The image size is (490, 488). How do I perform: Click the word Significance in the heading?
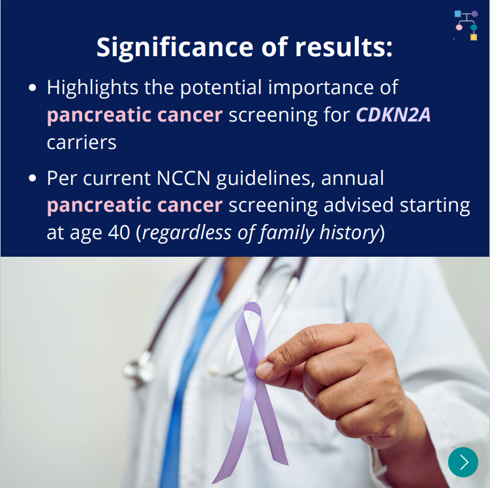pyautogui.click(x=175, y=48)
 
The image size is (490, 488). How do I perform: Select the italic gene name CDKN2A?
pyautogui.click(x=393, y=114)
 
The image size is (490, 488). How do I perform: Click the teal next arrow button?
pyautogui.click(x=463, y=462)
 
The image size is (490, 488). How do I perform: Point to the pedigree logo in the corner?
pyautogui.click(x=466, y=25)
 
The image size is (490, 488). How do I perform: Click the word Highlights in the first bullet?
pyautogui.click(x=93, y=88)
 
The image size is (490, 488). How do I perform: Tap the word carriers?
pyautogui.click(x=82, y=142)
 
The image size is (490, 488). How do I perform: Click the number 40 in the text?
pyautogui.click(x=119, y=233)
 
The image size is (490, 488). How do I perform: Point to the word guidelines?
pyautogui.click(x=266, y=179)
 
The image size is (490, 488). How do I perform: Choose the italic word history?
pyautogui.click(x=349, y=233)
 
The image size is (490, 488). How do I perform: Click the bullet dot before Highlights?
pyautogui.click(x=33, y=88)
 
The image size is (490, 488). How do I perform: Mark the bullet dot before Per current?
pyautogui.click(x=33, y=178)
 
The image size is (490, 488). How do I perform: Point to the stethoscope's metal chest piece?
pyautogui.click(x=138, y=369)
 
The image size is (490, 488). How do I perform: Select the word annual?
pyautogui.click(x=352, y=178)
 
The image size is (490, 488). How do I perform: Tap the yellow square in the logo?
pyautogui.click(x=474, y=37)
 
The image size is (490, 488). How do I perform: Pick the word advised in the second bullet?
pyautogui.click(x=358, y=205)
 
